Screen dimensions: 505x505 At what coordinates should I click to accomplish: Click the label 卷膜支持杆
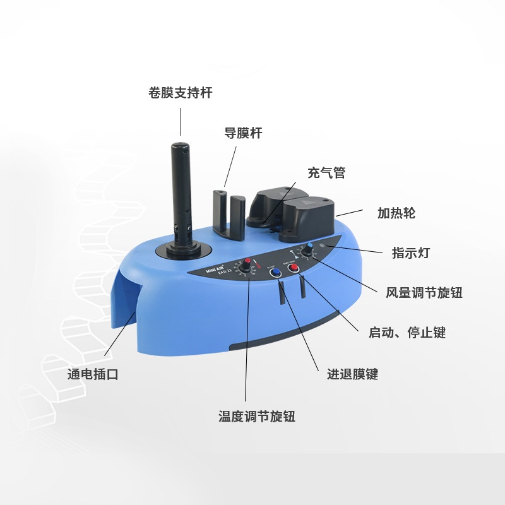click(x=180, y=93)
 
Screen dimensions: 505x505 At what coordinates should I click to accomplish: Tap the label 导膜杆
click(x=243, y=133)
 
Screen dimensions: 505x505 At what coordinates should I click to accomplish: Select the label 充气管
click(x=326, y=172)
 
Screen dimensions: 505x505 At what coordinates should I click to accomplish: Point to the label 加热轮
click(x=396, y=213)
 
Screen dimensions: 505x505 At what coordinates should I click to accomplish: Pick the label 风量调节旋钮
click(x=424, y=292)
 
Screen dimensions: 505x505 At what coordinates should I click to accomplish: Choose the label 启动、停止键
click(x=407, y=333)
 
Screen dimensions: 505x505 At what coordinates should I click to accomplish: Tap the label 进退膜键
click(x=352, y=374)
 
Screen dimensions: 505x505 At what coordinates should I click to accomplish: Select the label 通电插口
click(x=93, y=374)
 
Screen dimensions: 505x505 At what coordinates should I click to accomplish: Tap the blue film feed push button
click(x=275, y=271)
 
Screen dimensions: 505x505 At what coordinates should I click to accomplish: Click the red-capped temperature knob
click(x=246, y=266)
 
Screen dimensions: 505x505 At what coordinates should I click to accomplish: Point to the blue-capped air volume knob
click(x=309, y=251)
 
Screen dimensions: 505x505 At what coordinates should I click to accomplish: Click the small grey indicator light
click(x=324, y=246)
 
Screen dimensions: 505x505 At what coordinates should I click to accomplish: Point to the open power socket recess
click(x=126, y=297)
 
